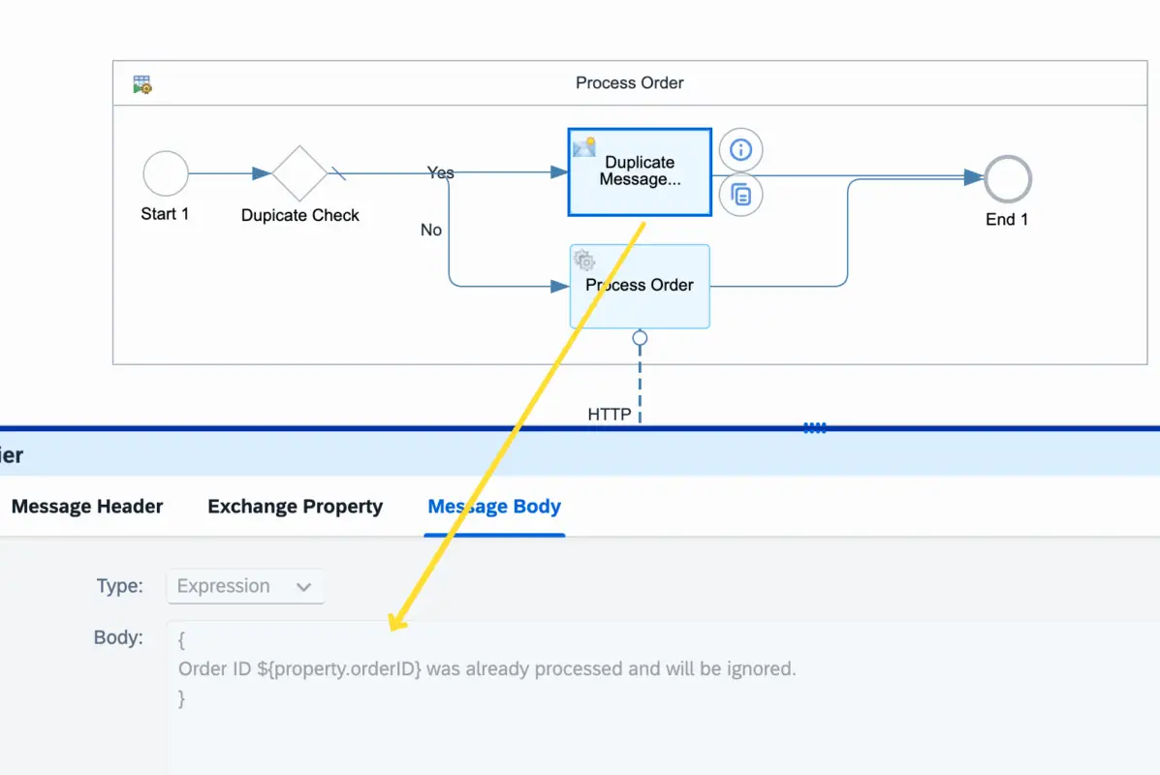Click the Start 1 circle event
coord(165,174)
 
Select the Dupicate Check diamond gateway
coord(299,174)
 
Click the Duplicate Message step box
coord(640,172)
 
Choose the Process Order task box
coord(640,286)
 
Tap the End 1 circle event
coord(1008,179)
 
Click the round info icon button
coord(741,150)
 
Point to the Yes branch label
coord(441,172)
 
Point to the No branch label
coord(431,230)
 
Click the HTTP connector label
coord(610,415)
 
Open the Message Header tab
coord(87,507)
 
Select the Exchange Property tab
coord(296,507)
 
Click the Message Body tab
coord(494,507)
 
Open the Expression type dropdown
coord(245,586)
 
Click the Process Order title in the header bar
coord(630,83)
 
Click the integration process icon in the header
coord(142,84)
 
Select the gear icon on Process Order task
coord(584,260)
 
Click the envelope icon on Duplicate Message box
coord(583,147)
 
